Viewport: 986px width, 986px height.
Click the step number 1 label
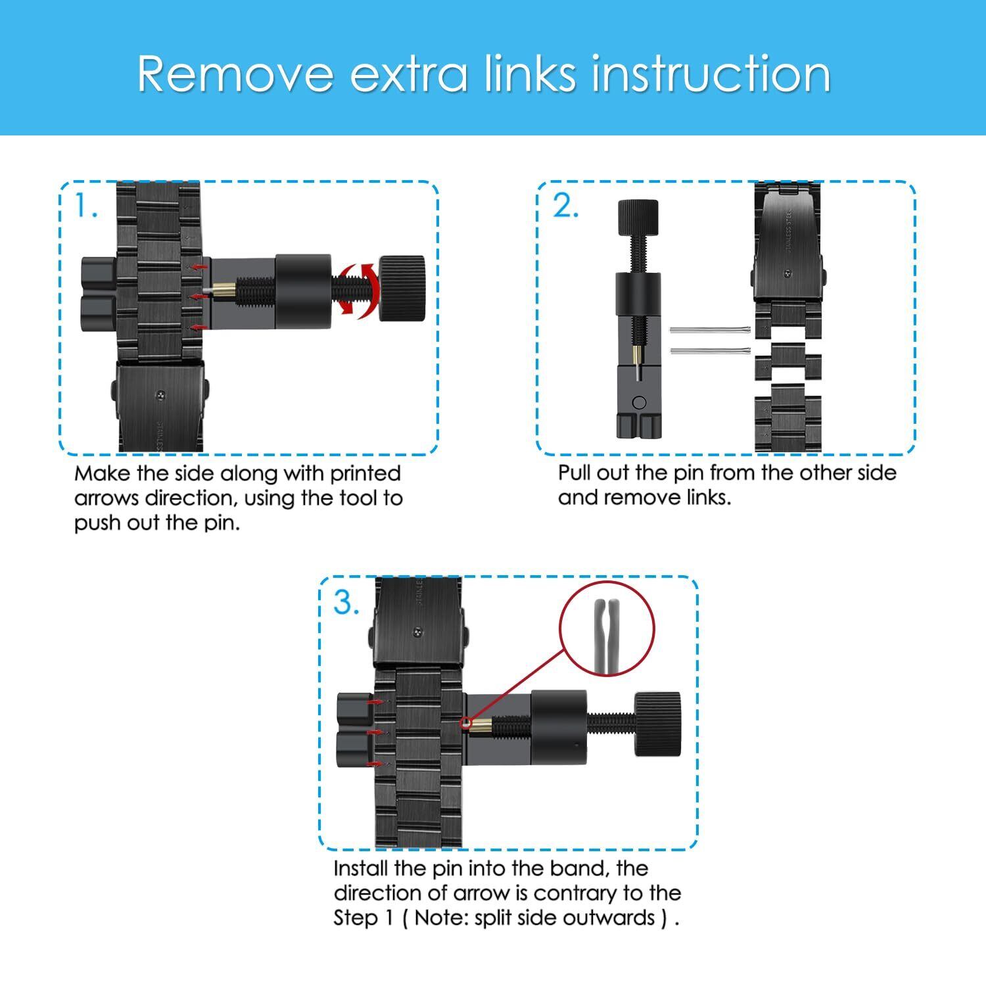pos(85,206)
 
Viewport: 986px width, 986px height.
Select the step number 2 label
pos(565,206)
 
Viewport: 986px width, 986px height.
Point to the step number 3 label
pos(346,602)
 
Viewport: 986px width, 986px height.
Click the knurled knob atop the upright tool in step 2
pos(638,218)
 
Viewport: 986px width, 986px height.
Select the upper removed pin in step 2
pos(710,330)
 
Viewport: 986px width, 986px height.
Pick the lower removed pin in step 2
pos(710,350)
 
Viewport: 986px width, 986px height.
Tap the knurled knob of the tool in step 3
pos(657,724)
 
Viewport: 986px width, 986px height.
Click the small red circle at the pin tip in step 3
pos(467,724)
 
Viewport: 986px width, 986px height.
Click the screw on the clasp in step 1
pos(160,395)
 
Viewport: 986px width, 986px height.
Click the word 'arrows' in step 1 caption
pos(106,498)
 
